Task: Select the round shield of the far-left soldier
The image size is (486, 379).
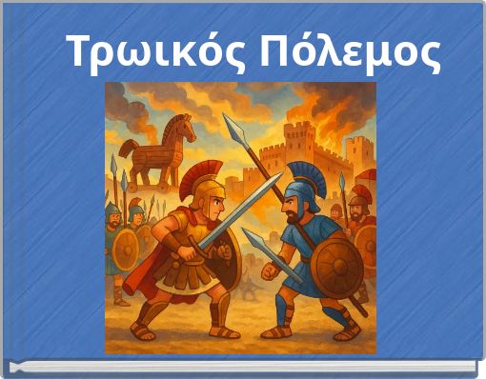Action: (125, 249)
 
